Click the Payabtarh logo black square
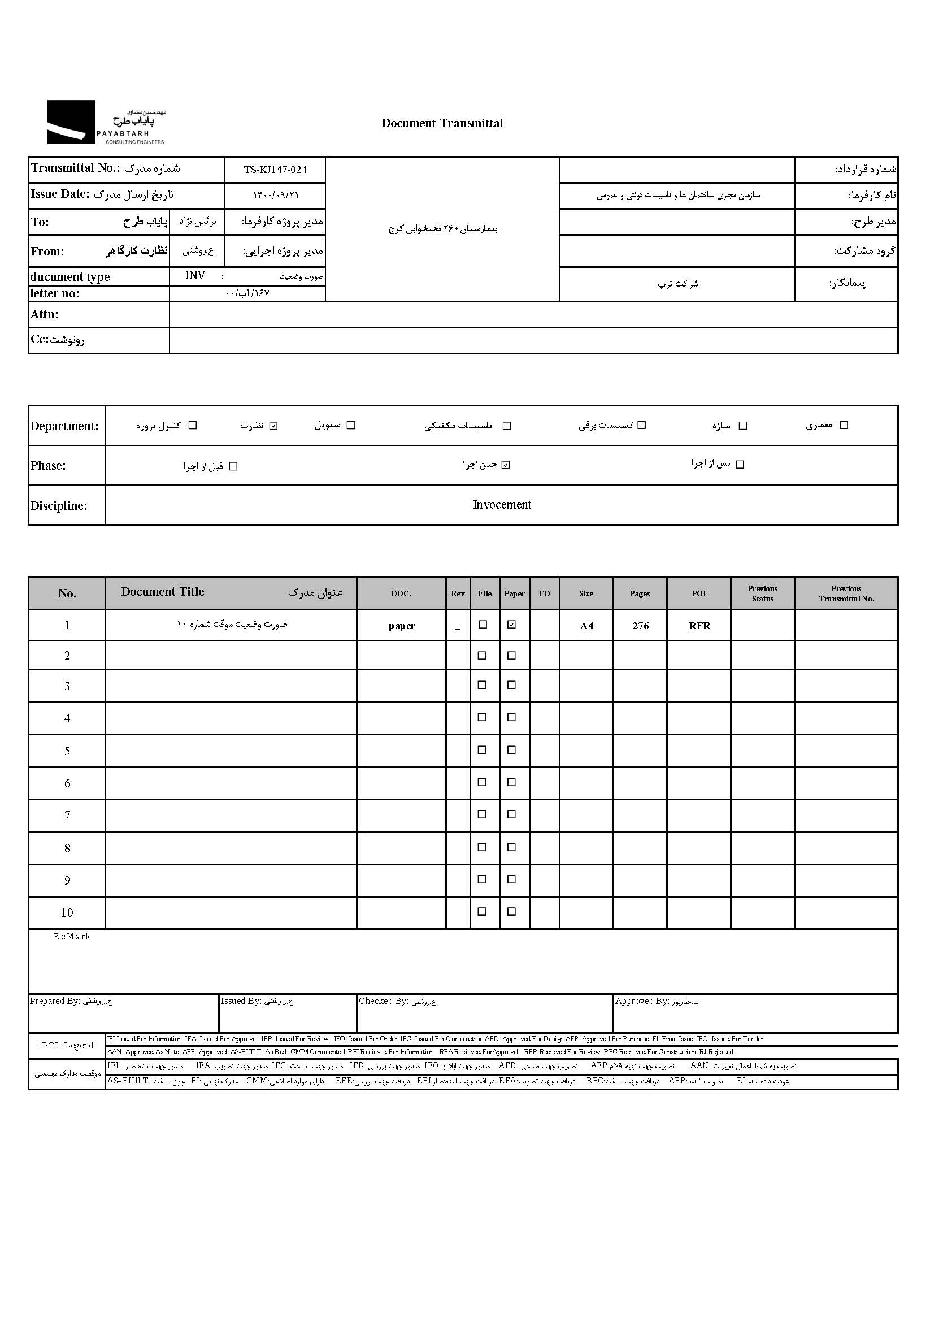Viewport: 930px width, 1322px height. pyautogui.click(x=71, y=122)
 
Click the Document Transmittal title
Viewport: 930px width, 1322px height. pyautogui.click(x=442, y=123)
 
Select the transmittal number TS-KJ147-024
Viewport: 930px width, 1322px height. pyautogui.click(x=275, y=170)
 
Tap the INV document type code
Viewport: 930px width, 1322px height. pyautogui.click(x=195, y=276)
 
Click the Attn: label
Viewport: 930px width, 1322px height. pyautogui.click(x=44, y=314)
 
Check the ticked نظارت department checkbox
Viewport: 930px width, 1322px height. pyautogui.click(x=274, y=426)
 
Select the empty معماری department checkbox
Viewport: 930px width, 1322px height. pyautogui.click(x=844, y=425)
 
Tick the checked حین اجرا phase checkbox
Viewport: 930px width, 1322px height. pyautogui.click(x=506, y=465)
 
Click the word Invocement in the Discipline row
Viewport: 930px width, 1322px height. pyautogui.click(x=502, y=505)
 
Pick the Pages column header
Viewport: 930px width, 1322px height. pyautogui.click(x=640, y=593)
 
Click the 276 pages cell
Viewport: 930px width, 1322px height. pyautogui.click(x=641, y=626)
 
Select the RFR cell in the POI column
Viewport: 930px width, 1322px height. pyautogui.click(x=699, y=626)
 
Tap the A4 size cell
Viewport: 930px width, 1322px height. pyautogui.click(x=586, y=626)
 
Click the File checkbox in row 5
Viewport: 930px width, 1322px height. pyautogui.click(x=483, y=750)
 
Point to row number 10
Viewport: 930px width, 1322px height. pyautogui.click(x=67, y=913)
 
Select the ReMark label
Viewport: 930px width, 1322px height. pyautogui.click(x=72, y=937)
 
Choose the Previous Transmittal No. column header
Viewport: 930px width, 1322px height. pyautogui.click(x=846, y=593)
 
